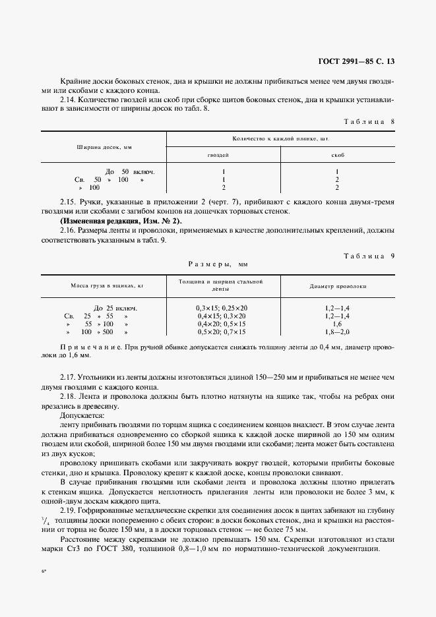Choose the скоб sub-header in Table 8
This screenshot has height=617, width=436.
337,156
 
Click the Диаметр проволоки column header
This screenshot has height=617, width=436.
338,287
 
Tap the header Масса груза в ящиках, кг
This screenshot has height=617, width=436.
103,287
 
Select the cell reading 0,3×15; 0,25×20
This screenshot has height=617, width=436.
222,308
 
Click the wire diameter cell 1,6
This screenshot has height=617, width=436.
337,324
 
